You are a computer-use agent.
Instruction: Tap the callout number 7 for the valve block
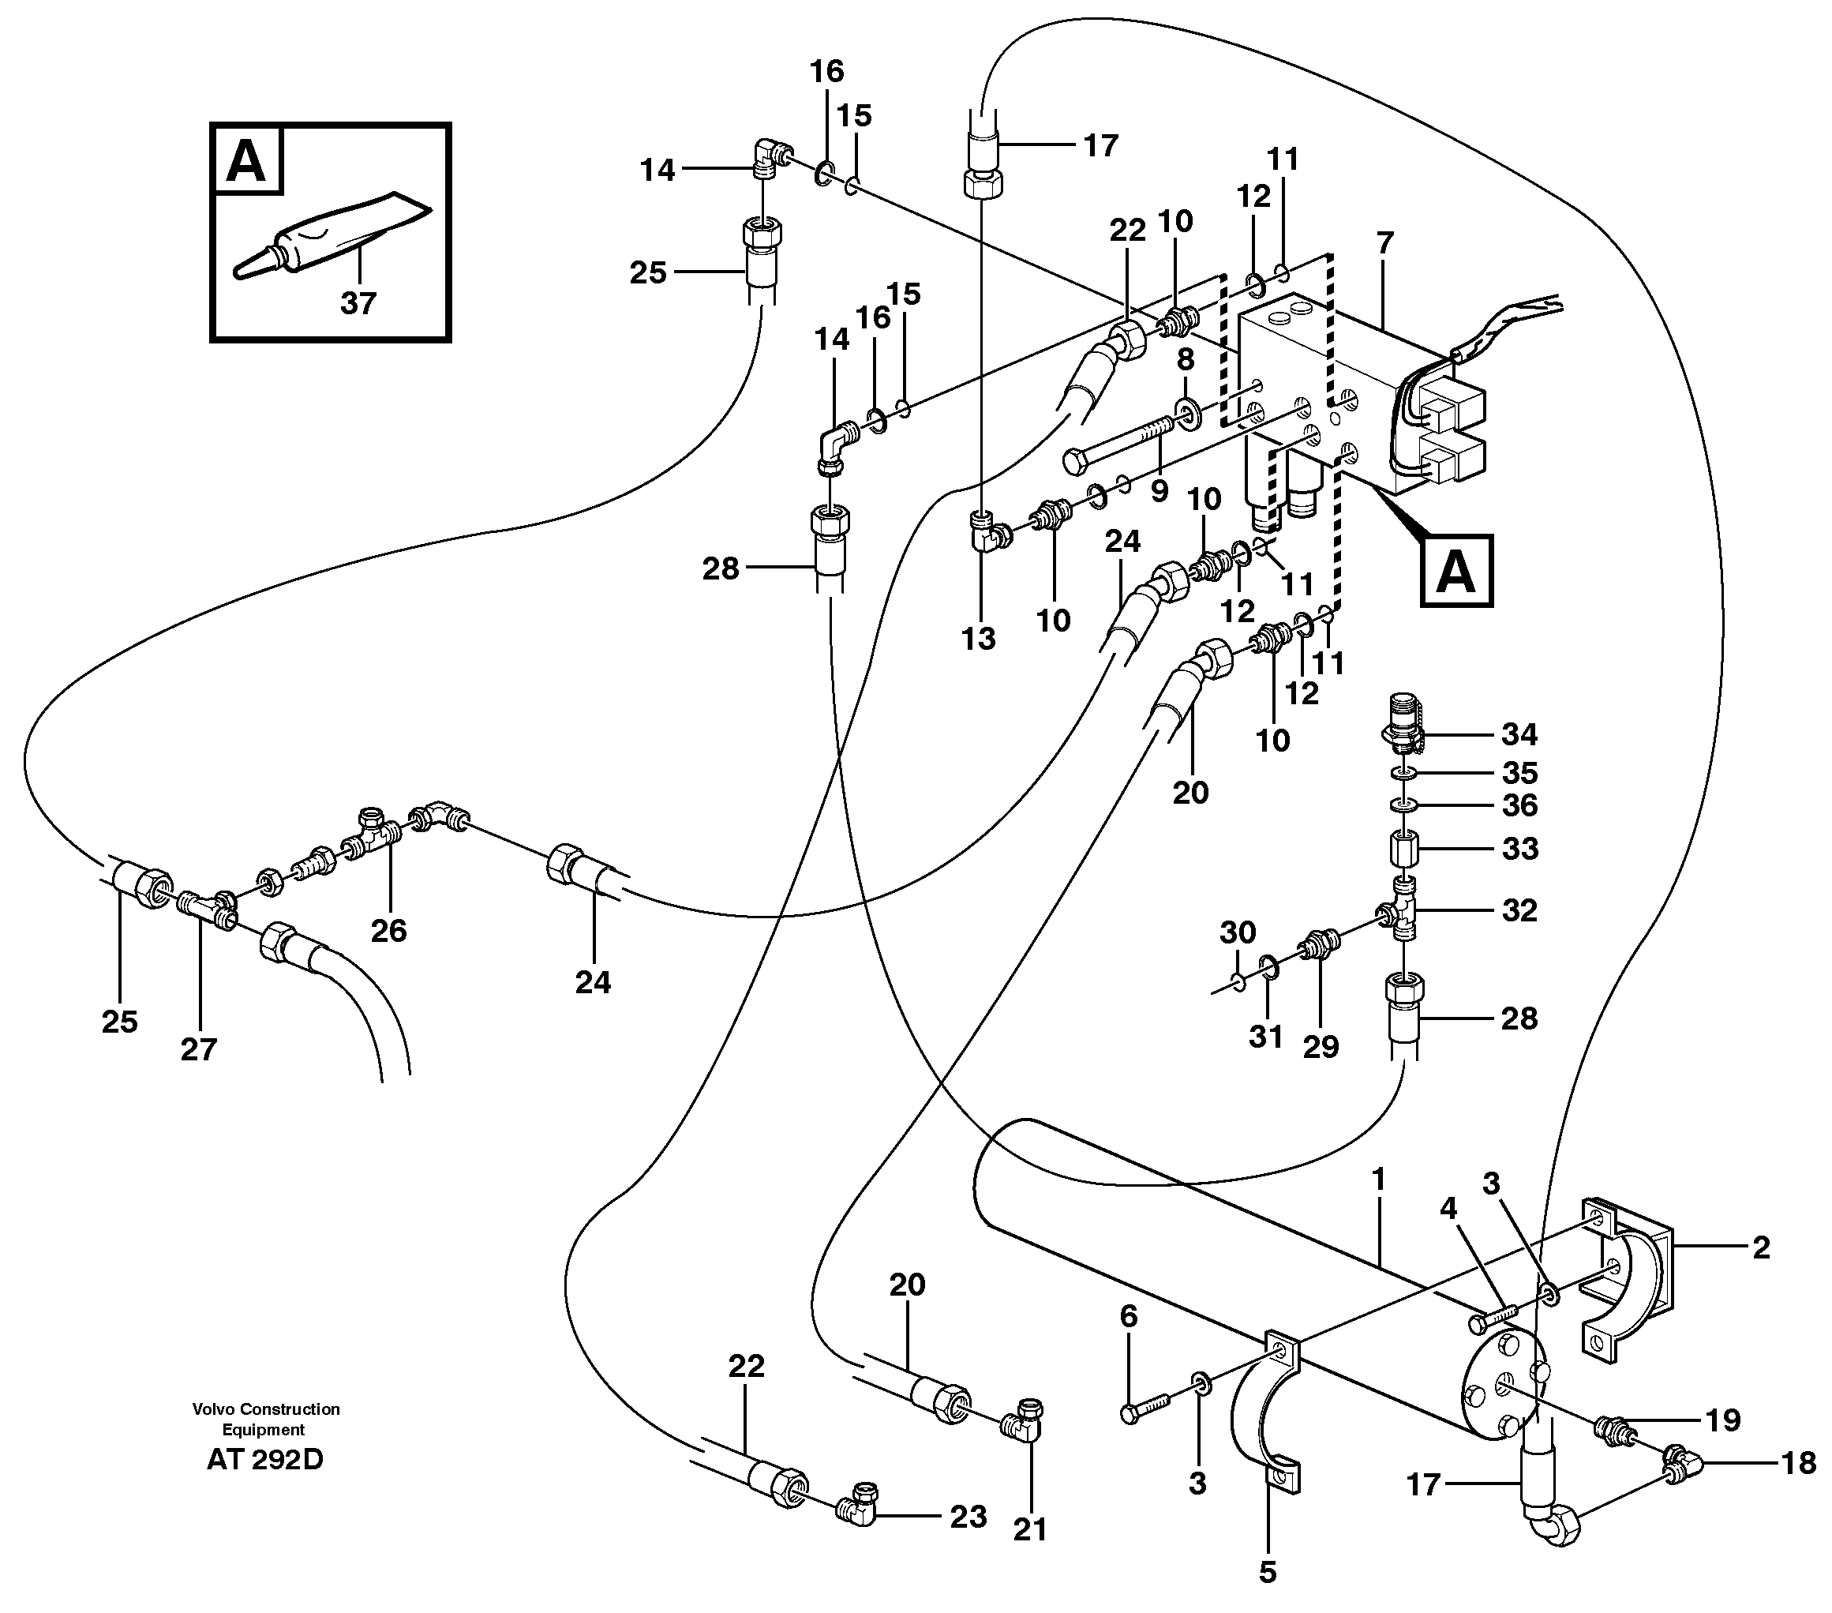click(1384, 243)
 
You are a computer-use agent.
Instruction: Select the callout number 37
click(357, 303)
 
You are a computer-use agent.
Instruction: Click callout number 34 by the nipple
click(1519, 734)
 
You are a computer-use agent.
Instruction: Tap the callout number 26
click(388, 931)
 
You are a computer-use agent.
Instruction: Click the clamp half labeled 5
click(1265, 1427)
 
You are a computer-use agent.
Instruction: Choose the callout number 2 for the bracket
click(1760, 1247)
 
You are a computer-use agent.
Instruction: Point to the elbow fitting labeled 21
click(1021, 1423)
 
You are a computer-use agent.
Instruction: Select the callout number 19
click(1722, 1420)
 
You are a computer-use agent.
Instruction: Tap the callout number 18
click(1797, 1462)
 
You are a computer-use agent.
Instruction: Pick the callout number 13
click(978, 640)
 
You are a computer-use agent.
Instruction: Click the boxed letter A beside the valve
click(1455, 571)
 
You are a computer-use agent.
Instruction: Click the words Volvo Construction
click(265, 1409)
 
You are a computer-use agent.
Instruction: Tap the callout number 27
click(198, 1048)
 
